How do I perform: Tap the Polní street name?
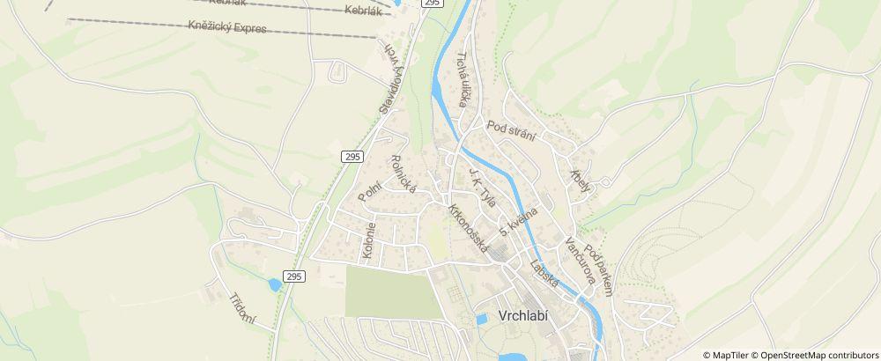coord(370,188)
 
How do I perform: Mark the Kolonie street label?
coord(368,240)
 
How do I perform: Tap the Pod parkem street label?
coord(598,272)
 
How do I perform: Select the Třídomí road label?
coord(242,308)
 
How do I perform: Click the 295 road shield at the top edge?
coord(432,4)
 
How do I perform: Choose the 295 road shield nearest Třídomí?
coord(294,276)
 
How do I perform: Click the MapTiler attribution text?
coord(731,355)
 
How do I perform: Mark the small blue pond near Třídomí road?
coord(275,285)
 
